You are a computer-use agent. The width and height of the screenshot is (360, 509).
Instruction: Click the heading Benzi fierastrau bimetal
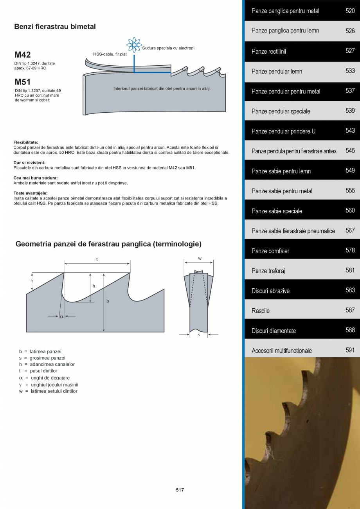55,27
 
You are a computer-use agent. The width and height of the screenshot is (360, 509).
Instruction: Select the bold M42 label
22,55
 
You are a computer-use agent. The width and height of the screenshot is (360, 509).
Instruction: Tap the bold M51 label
22,82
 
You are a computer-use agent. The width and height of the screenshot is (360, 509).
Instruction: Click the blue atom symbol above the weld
134,45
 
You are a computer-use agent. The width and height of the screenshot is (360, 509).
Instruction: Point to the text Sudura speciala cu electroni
168,48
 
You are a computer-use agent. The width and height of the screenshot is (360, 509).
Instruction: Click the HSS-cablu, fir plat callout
110,54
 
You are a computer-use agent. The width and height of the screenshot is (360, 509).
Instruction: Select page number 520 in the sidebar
350,11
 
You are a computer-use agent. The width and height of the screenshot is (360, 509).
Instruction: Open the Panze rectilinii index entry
268,52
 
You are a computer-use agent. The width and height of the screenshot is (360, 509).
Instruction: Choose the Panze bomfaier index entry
270,251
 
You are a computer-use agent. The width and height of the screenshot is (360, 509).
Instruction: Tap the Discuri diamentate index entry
274,331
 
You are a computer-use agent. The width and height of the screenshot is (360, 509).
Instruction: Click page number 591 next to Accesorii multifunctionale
350,350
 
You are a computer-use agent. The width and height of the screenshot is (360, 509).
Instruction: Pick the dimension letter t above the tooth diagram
97,260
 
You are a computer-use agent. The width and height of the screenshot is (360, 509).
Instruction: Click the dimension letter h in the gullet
94,286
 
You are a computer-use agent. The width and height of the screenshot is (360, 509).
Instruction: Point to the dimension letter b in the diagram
108,301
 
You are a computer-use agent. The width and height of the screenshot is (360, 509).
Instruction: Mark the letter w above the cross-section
199,258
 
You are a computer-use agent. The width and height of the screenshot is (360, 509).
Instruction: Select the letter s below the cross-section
199,335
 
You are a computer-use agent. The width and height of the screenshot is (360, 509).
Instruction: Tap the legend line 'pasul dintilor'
43,371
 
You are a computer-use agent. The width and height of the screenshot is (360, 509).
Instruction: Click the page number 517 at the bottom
180,490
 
